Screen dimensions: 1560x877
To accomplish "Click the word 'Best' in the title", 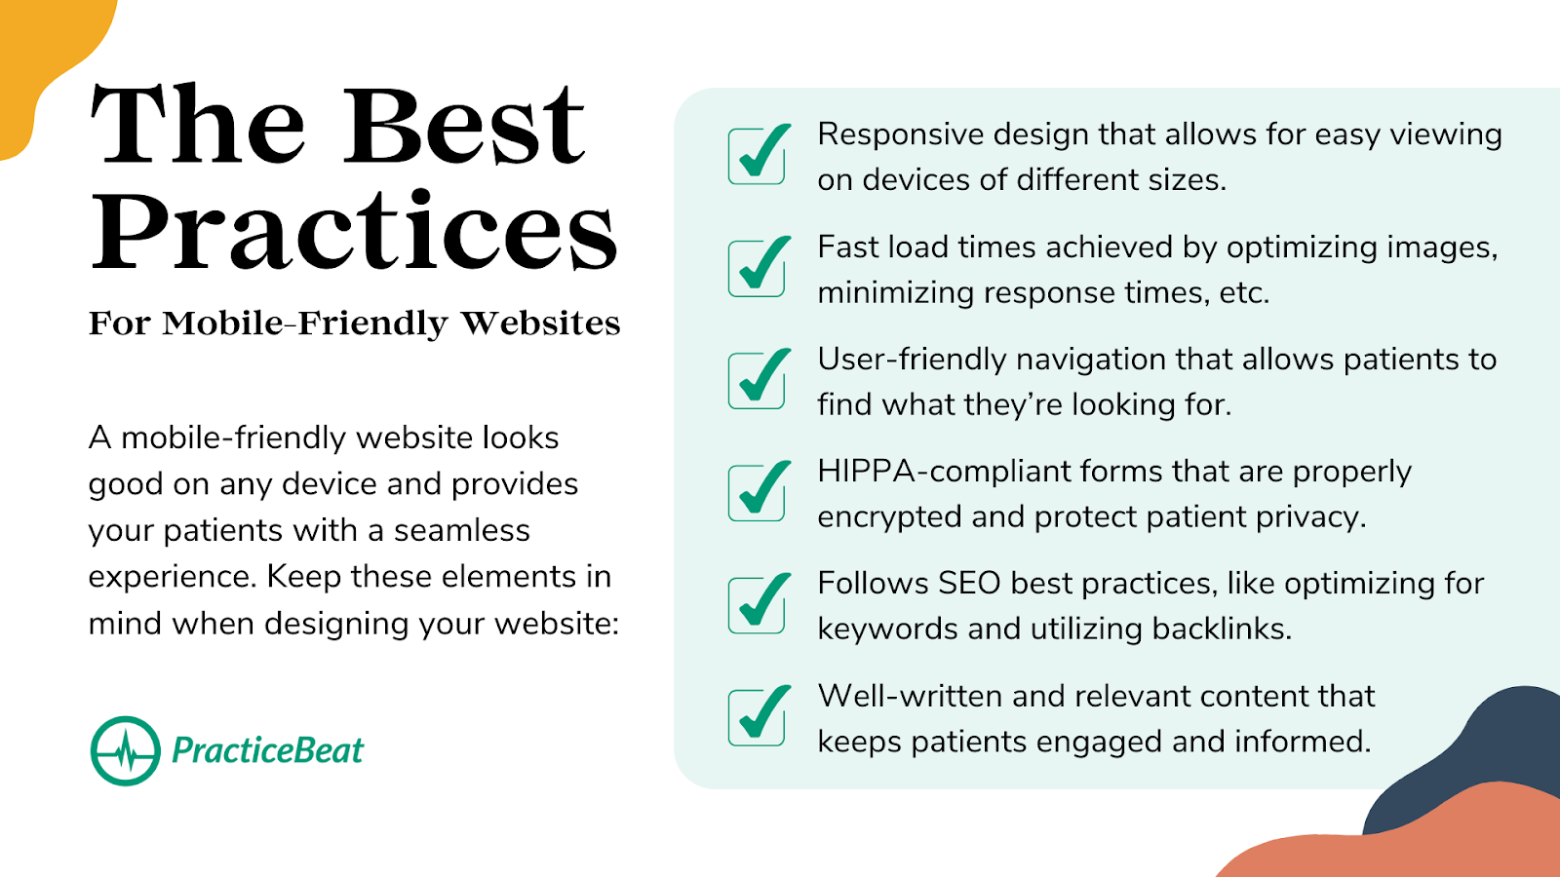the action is [464, 126].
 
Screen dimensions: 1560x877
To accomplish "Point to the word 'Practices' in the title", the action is [354, 230].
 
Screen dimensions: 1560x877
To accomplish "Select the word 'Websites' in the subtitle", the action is [540, 323].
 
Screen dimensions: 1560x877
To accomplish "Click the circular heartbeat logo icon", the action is [126, 751].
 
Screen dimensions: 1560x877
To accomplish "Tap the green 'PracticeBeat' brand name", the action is [267, 750].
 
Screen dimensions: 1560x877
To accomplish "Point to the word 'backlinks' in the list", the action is [1222, 629].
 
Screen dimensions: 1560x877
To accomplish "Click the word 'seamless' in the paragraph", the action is [462, 530].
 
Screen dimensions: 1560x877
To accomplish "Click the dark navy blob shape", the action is [1476, 751].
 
